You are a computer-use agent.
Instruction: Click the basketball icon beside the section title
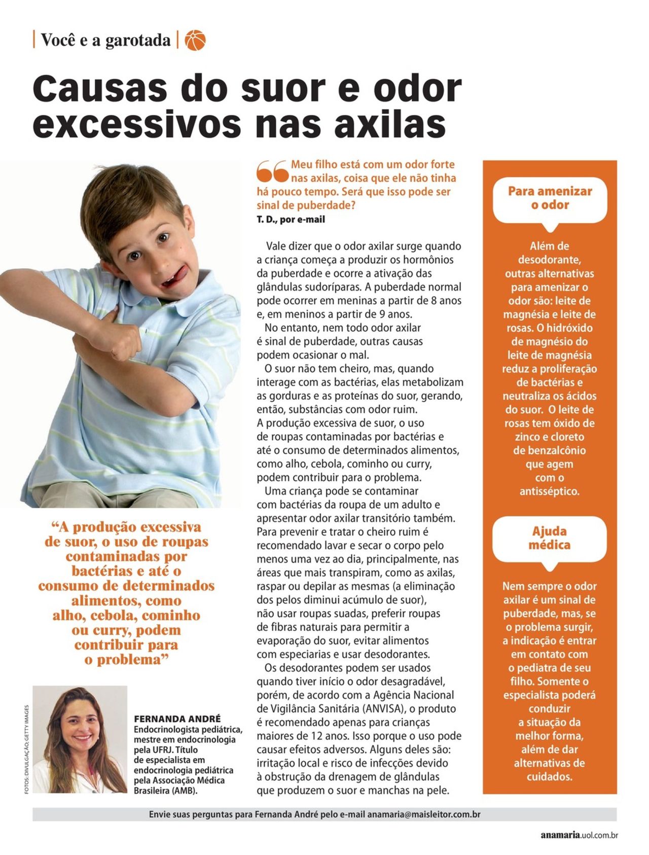tap(195, 40)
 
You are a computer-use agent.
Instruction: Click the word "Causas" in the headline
tap(99, 88)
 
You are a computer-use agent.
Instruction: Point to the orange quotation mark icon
tap(272, 171)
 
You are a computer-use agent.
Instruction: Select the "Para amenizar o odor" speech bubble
tap(550, 198)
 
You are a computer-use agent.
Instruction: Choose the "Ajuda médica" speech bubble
tap(549, 538)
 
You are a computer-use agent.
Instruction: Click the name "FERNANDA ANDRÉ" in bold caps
tap(177, 719)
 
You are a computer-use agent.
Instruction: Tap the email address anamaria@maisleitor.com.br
tap(424, 814)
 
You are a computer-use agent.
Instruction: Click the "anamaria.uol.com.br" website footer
tap(579, 835)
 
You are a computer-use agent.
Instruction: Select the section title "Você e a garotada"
tap(105, 40)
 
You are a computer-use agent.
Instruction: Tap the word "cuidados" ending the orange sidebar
tap(549, 776)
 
